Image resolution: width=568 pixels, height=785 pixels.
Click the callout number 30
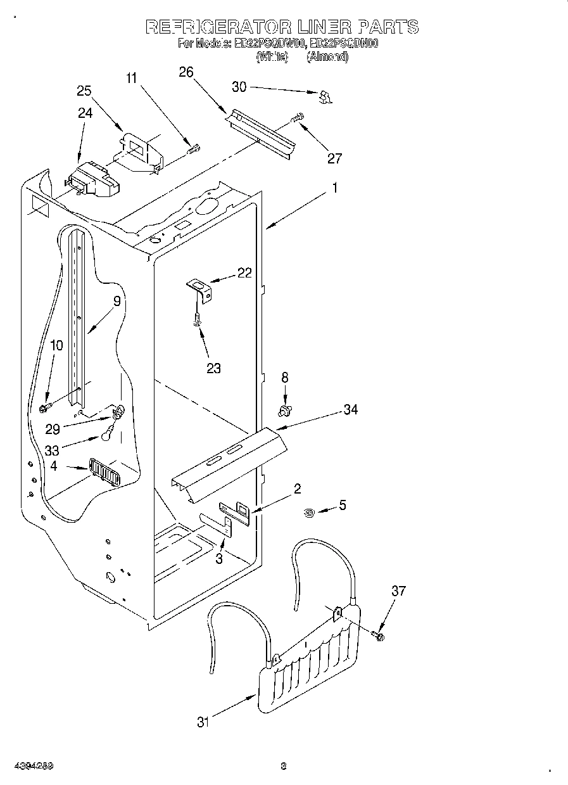pyautogui.click(x=239, y=87)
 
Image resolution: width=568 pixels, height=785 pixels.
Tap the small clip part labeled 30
pyautogui.click(x=325, y=96)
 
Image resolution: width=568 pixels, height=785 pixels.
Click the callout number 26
pyautogui.click(x=186, y=72)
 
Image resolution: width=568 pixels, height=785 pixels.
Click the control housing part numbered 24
pyautogui.click(x=94, y=179)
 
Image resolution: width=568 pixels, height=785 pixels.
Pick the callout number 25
pyautogui.click(x=85, y=91)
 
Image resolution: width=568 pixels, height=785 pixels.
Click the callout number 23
pyautogui.click(x=213, y=368)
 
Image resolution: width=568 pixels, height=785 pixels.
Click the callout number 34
pyautogui.click(x=350, y=410)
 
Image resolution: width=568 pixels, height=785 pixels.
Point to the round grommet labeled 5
pyautogui.click(x=309, y=513)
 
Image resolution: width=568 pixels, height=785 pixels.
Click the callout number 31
pyautogui.click(x=203, y=722)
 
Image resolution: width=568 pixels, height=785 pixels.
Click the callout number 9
pyautogui.click(x=117, y=302)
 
